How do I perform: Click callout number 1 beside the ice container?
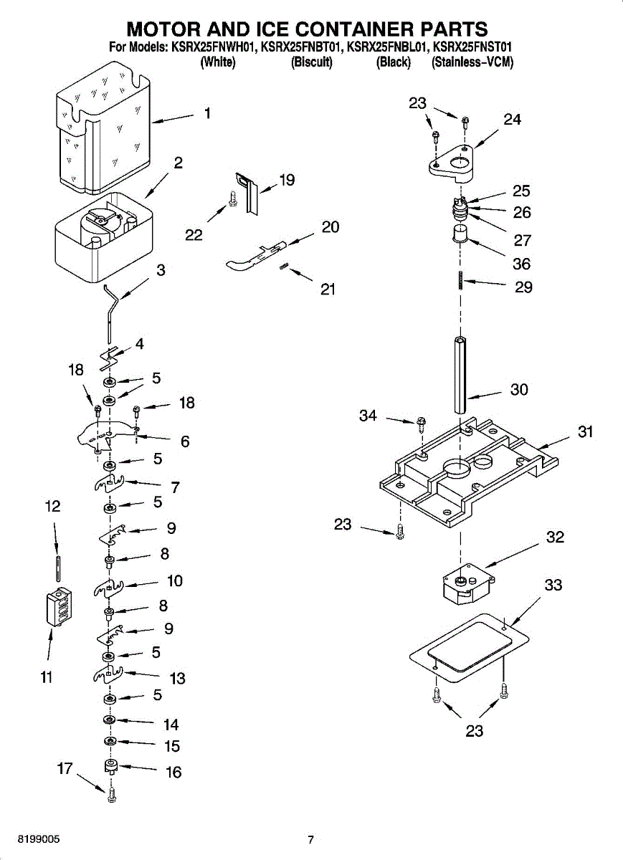coord(207,113)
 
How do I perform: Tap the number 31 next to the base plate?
coord(585,432)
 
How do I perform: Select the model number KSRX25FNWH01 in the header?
coord(212,47)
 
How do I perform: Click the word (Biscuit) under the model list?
coord(311,62)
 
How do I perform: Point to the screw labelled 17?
coord(112,794)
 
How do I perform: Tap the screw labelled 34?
coord(421,424)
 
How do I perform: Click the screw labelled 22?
coord(232,199)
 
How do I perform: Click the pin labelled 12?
coord(57,568)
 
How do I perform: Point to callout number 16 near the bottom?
coord(173,772)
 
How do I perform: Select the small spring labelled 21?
coord(283,267)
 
